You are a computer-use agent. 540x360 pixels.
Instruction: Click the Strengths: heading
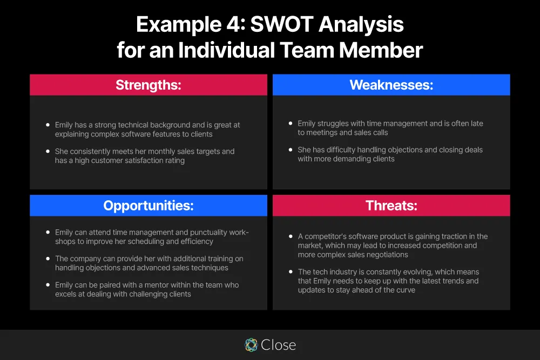[148, 85]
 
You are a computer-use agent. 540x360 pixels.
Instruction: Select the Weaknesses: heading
[391, 85]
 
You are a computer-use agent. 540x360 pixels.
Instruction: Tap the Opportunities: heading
[148, 206]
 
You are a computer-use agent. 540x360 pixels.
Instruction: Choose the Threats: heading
[391, 206]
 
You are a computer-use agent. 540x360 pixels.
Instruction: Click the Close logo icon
[251, 345]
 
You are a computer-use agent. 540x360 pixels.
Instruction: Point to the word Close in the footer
[278, 345]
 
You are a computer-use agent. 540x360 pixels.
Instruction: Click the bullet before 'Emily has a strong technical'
[48, 125]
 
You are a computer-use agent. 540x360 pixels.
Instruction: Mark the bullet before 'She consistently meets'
[48, 152]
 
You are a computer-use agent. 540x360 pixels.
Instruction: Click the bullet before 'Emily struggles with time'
[291, 124]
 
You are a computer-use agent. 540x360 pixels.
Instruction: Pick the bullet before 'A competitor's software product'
[291, 236]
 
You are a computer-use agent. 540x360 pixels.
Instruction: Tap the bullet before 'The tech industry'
[291, 272]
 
